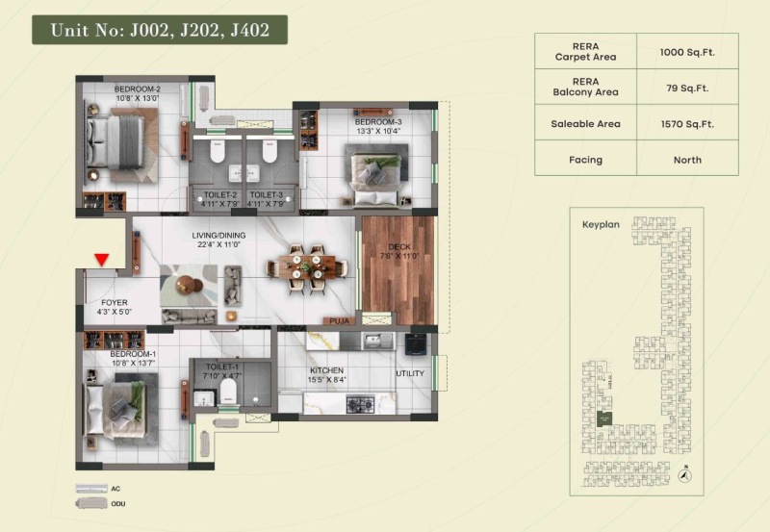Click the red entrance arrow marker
click(101, 258)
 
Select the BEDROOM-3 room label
click(377, 122)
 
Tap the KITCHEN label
click(327, 370)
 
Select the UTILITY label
click(410, 374)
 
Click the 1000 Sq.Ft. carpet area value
click(687, 50)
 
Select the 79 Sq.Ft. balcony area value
click(687, 87)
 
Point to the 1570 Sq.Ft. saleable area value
click(687, 123)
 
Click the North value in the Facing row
click(687, 160)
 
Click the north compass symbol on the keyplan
click(684, 473)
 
